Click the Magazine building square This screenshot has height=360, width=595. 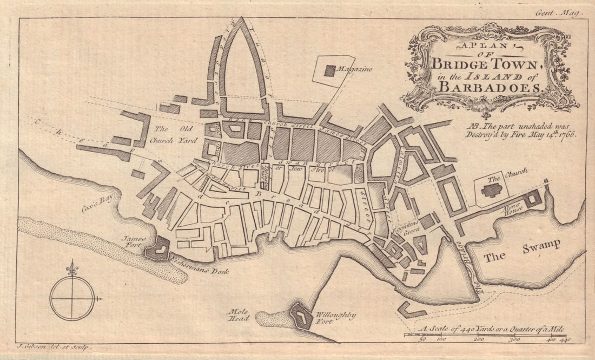click(329, 70)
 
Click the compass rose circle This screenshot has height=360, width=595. click(72, 298)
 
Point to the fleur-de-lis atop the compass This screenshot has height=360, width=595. click(71, 268)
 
